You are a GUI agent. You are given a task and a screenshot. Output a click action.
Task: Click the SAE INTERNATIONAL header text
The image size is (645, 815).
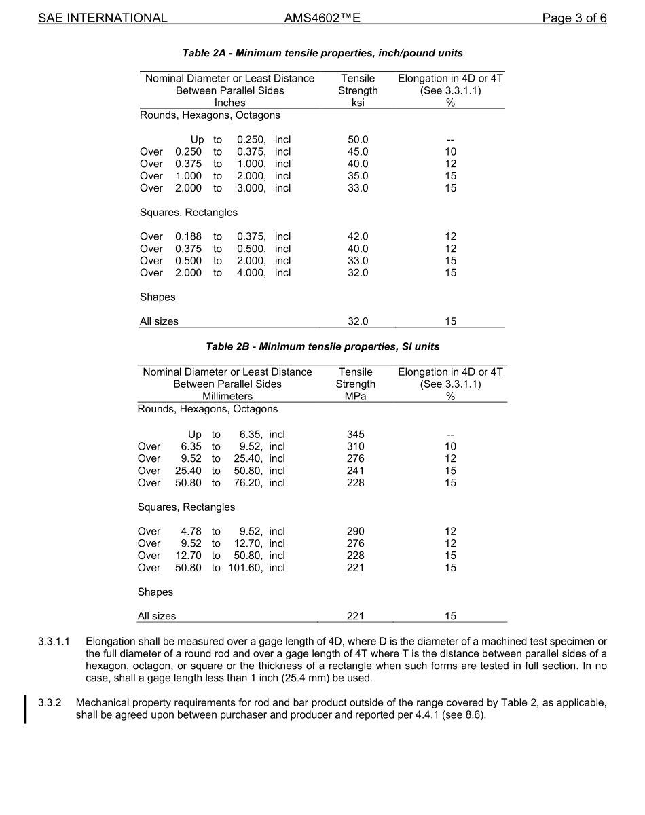(103, 18)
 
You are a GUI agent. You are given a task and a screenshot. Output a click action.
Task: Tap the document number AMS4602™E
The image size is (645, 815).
(322, 18)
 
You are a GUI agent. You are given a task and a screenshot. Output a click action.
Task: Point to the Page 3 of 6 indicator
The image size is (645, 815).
(574, 18)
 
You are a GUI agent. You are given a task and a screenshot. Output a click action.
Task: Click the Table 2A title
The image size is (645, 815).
(322, 53)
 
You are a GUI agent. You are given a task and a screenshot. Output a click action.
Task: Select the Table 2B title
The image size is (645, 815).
(322, 347)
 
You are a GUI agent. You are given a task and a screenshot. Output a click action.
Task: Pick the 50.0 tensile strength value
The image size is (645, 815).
(358, 140)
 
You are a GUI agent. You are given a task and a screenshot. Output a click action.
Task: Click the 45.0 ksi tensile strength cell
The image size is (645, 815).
(358, 152)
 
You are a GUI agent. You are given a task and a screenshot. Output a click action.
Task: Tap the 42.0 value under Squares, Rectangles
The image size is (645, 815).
(358, 237)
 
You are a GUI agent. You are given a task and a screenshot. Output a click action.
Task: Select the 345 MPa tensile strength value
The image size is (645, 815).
(355, 435)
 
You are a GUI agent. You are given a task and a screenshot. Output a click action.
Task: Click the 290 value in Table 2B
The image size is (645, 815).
(355, 532)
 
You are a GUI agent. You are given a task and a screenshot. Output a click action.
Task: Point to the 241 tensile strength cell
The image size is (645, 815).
(355, 471)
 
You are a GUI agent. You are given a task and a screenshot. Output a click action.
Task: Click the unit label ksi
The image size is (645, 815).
(358, 103)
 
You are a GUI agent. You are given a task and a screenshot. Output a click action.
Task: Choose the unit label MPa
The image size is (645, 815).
(355, 397)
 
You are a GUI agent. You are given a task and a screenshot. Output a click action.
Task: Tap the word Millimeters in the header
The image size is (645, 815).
(227, 397)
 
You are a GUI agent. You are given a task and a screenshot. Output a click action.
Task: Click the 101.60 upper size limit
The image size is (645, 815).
(245, 568)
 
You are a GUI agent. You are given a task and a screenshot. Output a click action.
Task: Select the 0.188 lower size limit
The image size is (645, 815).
(188, 237)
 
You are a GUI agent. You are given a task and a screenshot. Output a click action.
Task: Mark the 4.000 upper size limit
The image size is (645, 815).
(251, 273)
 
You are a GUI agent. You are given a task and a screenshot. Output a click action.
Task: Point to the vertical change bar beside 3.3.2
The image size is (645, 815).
(26, 708)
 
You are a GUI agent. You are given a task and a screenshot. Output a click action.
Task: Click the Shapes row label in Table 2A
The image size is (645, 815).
(158, 297)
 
